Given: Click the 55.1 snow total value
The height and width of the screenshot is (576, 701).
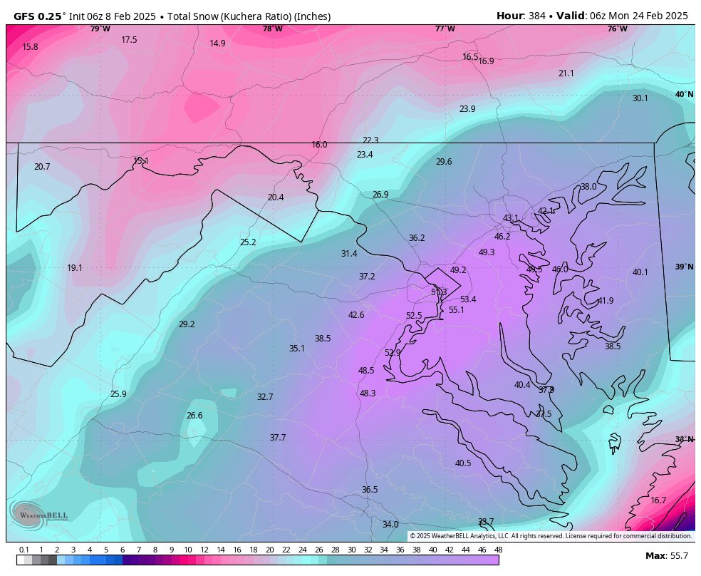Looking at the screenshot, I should point(457,310).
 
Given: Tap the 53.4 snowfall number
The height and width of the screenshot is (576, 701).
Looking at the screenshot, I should point(468,299).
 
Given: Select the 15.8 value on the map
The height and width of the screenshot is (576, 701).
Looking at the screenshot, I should point(30,47).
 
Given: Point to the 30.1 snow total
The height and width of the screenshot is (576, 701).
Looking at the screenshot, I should point(640,98).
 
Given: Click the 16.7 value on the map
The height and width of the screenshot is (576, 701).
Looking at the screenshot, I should point(658,500).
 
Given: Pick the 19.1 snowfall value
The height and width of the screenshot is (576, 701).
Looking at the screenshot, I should point(75,268).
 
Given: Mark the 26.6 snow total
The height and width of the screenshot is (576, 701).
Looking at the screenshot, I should point(194,416).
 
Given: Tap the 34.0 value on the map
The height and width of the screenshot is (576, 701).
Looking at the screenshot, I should point(390,525).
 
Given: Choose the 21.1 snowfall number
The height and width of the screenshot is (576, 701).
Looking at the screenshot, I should point(566,73).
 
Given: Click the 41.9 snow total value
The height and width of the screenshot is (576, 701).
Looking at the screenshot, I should point(606,301).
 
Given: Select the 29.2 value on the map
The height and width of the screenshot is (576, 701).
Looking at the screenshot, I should point(187,324).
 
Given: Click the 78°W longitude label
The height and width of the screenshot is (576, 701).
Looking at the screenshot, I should point(272,29).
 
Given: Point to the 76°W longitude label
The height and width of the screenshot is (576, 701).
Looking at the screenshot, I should point(618,29).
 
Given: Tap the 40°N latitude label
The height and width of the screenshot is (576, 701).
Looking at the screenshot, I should point(684,95).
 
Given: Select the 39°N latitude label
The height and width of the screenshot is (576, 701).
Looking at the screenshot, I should point(684,267).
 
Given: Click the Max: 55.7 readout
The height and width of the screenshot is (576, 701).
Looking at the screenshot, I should point(668,556).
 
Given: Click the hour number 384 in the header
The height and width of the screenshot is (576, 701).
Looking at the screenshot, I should point(538,16).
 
